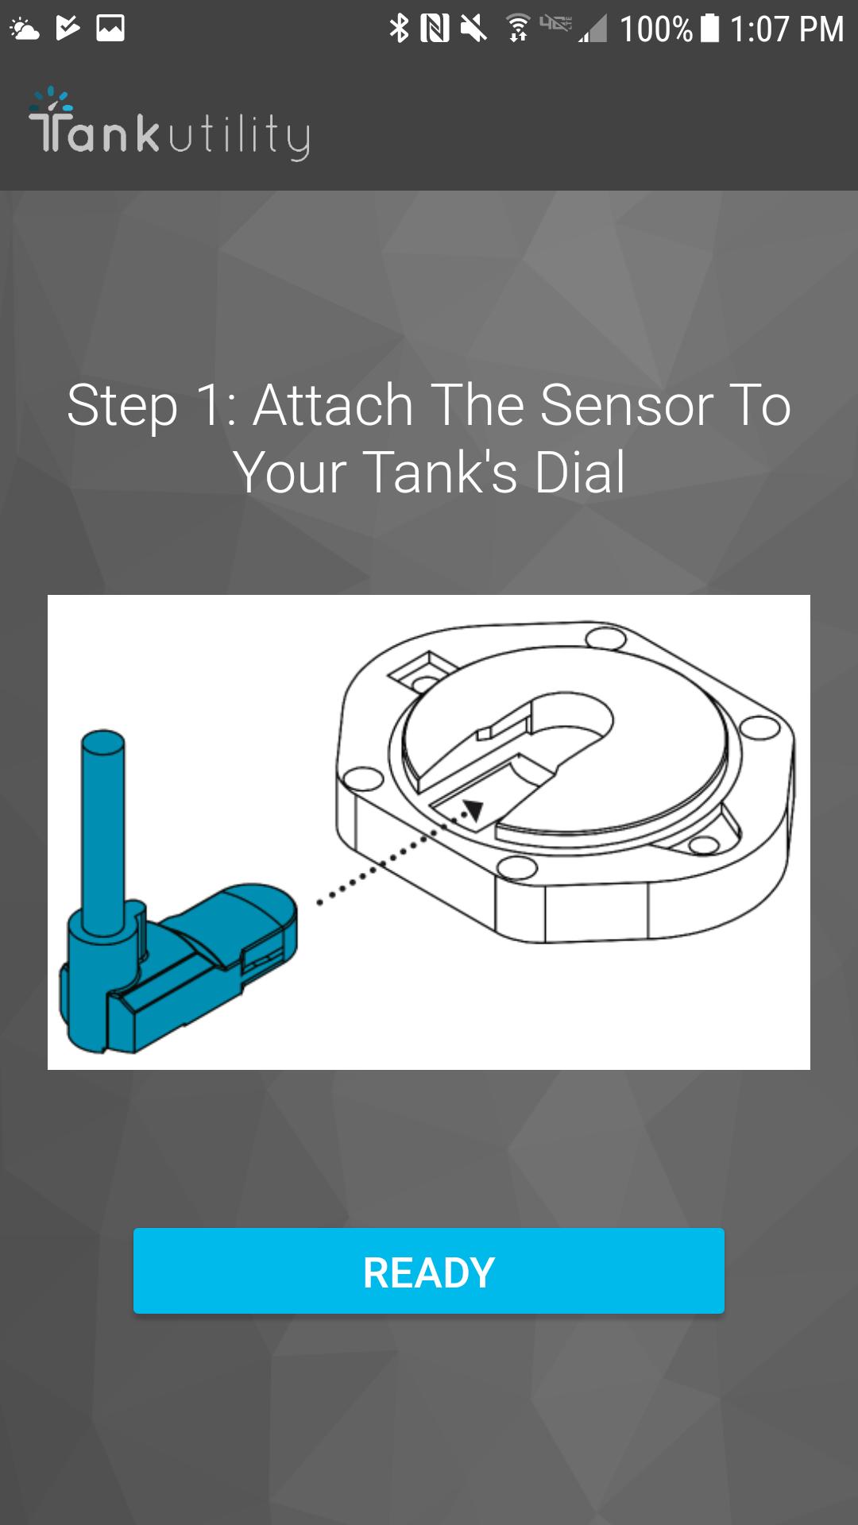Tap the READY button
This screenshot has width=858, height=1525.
coord(429,1271)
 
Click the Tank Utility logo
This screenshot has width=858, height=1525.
coord(169,125)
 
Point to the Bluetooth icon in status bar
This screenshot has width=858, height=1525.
coord(399,29)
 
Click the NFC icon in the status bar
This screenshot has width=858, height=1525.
coord(435,29)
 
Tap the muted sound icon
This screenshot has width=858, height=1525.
coord(473,29)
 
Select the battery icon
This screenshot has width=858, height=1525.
coord(710,28)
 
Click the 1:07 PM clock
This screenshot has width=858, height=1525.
coord(786,29)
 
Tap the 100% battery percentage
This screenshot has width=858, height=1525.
coord(655,29)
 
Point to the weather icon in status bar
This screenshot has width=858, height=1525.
coord(24,29)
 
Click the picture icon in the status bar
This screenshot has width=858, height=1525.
coord(110,28)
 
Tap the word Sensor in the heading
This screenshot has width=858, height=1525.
coord(628,406)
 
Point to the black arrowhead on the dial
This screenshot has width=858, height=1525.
coord(473,810)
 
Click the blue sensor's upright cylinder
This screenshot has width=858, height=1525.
coord(103,826)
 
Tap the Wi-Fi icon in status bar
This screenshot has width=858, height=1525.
coord(518,29)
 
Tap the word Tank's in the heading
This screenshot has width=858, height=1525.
coord(441,473)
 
